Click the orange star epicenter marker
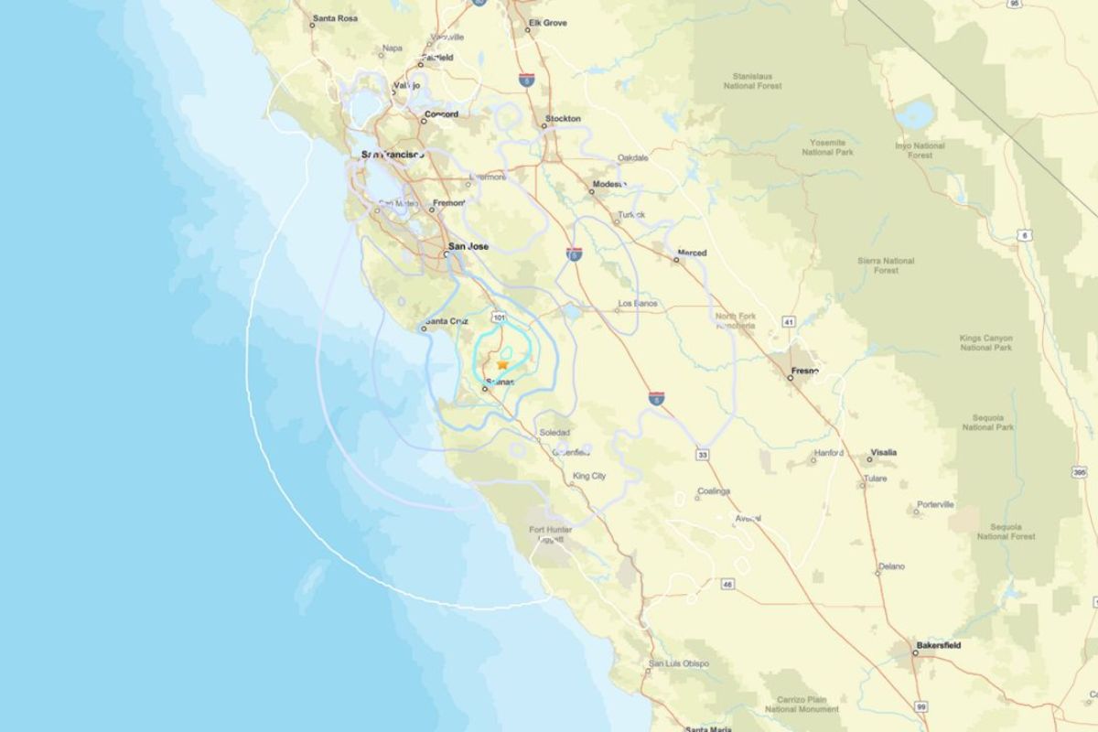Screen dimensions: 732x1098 (502, 364)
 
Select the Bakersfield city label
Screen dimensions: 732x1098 (939, 645)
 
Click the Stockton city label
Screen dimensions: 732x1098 (563, 119)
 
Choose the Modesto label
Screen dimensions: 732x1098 (608, 184)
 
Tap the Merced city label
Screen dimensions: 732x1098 (692, 253)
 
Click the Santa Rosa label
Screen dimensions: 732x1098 (334, 18)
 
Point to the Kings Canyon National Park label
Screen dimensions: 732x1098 (985, 343)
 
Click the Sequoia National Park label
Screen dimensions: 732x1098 (987, 422)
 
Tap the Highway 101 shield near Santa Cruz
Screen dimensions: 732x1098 (499, 318)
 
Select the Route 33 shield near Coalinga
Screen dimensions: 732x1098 (702, 454)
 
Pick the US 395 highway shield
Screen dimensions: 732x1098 (1079, 473)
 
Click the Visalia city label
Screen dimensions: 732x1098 (883, 452)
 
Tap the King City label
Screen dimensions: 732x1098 (588, 476)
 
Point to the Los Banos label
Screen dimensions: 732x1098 (638, 303)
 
